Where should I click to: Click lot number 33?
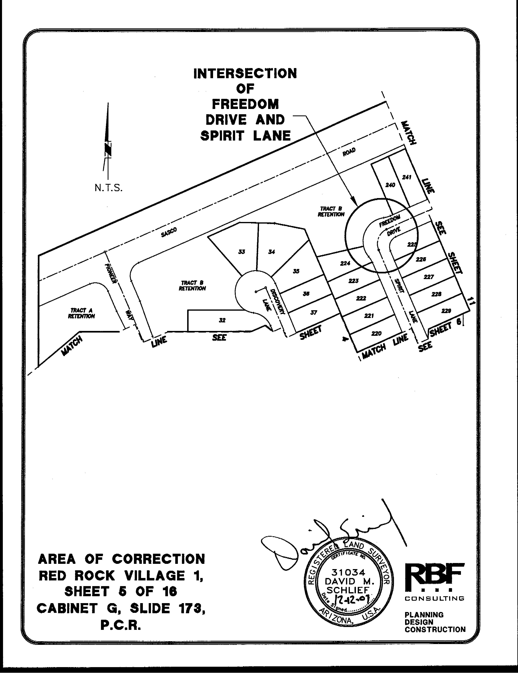pos(242,252)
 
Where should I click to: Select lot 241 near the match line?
pos(407,177)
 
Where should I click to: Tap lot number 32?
pos(222,320)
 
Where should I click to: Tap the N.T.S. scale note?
pos(108,188)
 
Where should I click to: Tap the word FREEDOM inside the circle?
pos(390,221)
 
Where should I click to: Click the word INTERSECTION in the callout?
pos(245,74)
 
